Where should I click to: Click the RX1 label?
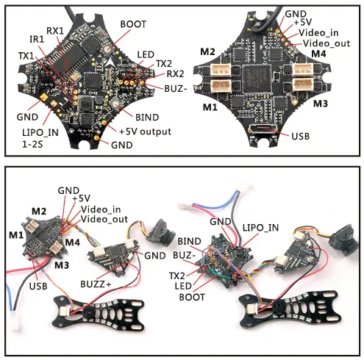pos(55,31)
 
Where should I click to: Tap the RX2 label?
pos(175,73)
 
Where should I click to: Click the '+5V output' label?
pos(145,132)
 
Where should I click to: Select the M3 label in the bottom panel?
pos(61,264)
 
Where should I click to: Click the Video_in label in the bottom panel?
pos(101,209)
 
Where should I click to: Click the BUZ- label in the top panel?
pos(176,86)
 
